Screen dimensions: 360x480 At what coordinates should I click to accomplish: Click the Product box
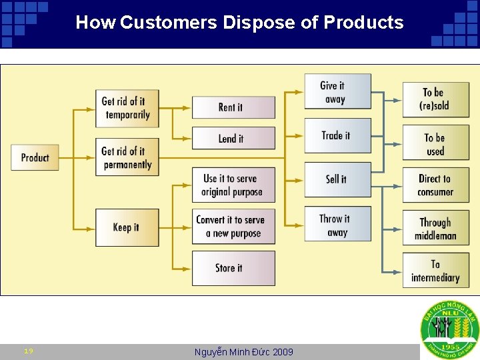pyautogui.click(x=35, y=157)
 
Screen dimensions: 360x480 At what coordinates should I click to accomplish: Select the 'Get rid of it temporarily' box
pyautogui.click(x=127, y=108)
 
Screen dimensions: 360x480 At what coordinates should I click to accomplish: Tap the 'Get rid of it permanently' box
pyautogui.click(x=127, y=158)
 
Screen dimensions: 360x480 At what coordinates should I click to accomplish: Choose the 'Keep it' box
pyautogui.click(x=127, y=227)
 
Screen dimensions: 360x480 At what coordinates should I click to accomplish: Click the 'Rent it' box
pyautogui.click(x=233, y=107)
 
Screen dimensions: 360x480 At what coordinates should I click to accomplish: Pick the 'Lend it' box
pyautogui.click(x=233, y=139)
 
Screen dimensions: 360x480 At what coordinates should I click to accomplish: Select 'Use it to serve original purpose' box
pyautogui.click(x=233, y=185)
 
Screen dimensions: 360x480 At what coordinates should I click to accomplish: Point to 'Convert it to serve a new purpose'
pyautogui.click(x=233, y=227)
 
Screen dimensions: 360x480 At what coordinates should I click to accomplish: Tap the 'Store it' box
pyautogui.click(x=233, y=268)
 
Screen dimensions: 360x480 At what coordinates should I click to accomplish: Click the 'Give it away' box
pyautogui.click(x=337, y=91)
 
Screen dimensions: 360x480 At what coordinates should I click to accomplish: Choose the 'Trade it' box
pyautogui.click(x=337, y=135)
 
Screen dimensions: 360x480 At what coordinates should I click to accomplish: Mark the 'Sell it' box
pyautogui.click(x=337, y=179)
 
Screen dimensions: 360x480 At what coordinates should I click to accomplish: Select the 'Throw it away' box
pyautogui.click(x=337, y=225)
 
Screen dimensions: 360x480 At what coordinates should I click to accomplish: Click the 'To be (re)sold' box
pyautogui.click(x=435, y=99)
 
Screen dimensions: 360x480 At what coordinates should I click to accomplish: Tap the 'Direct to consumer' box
pyautogui.click(x=435, y=185)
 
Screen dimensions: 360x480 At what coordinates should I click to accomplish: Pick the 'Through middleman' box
pyautogui.click(x=435, y=228)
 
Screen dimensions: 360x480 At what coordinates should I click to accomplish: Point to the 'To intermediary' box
pyautogui.click(x=435, y=271)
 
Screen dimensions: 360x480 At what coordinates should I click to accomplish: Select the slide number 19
pyautogui.click(x=29, y=351)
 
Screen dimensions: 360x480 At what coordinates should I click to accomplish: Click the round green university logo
pyautogui.click(x=449, y=331)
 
